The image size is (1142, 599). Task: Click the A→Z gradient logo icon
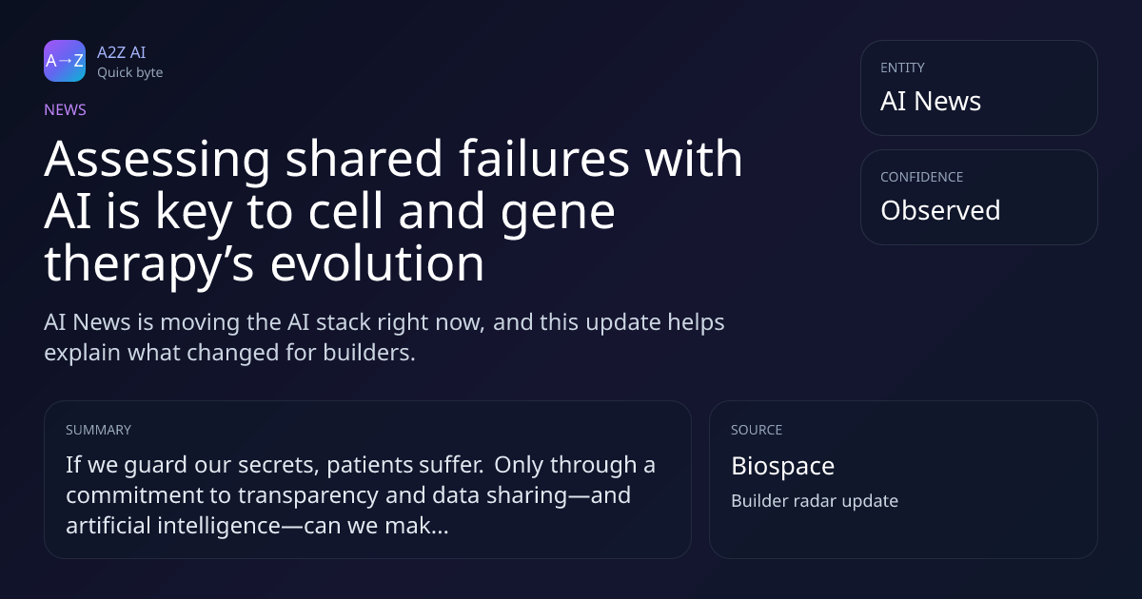[x=65, y=61]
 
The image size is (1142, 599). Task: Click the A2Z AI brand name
[x=122, y=52]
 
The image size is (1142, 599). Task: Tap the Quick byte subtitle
[x=130, y=73]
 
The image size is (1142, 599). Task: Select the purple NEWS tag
[x=66, y=110]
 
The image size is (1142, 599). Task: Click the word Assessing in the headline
[x=157, y=160]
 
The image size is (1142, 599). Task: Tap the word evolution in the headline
[x=377, y=262]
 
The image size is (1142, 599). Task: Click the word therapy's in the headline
[x=148, y=267]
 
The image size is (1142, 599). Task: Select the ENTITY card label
[x=902, y=68]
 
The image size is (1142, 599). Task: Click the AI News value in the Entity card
[x=931, y=101]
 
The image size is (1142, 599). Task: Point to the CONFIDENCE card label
[x=922, y=177]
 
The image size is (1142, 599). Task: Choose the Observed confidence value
[x=940, y=210]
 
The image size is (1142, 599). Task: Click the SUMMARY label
[x=98, y=430]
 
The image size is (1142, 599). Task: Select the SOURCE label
[x=757, y=430]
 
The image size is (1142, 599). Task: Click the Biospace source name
[x=782, y=467]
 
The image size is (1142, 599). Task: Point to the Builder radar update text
[x=815, y=501]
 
